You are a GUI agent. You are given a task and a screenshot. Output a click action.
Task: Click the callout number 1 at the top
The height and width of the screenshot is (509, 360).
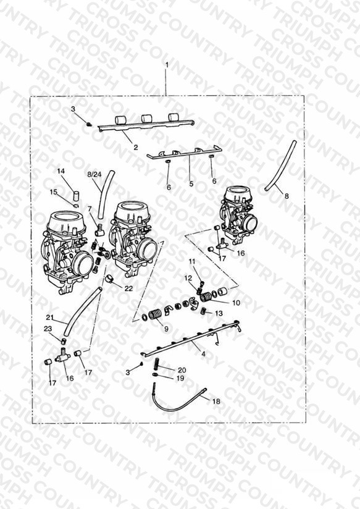click(167, 65)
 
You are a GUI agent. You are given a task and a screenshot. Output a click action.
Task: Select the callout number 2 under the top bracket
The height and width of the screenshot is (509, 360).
click(136, 148)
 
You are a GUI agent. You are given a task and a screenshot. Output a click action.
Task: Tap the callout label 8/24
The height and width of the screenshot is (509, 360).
click(94, 174)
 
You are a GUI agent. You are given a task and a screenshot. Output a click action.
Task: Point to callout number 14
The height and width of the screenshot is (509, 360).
click(61, 171)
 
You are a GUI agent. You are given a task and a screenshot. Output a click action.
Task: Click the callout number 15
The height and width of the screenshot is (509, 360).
click(54, 192)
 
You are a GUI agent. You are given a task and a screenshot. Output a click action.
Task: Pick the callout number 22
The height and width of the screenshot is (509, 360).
click(129, 288)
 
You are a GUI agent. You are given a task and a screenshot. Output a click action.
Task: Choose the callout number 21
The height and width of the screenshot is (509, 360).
click(49, 317)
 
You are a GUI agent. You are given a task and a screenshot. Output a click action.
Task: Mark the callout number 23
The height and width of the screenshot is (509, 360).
click(48, 329)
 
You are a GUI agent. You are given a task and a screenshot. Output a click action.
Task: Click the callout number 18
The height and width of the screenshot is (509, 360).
click(216, 402)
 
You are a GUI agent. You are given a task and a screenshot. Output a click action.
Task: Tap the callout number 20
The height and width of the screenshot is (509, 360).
click(182, 370)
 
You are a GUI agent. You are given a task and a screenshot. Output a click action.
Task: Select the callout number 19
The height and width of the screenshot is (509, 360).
click(180, 378)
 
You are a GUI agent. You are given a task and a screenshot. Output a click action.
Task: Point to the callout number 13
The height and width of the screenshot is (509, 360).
click(219, 313)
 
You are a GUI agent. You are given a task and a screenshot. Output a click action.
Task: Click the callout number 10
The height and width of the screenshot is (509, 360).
click(237, 303)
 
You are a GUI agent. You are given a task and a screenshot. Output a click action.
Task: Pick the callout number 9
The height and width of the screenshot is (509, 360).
click(166, 329)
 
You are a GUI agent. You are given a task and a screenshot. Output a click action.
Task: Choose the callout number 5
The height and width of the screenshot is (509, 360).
click(191, 183)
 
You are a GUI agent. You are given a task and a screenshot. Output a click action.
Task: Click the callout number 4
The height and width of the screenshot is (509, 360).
click(204, 354)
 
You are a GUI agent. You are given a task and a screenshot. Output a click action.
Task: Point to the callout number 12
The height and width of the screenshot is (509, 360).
click(188, 278)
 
